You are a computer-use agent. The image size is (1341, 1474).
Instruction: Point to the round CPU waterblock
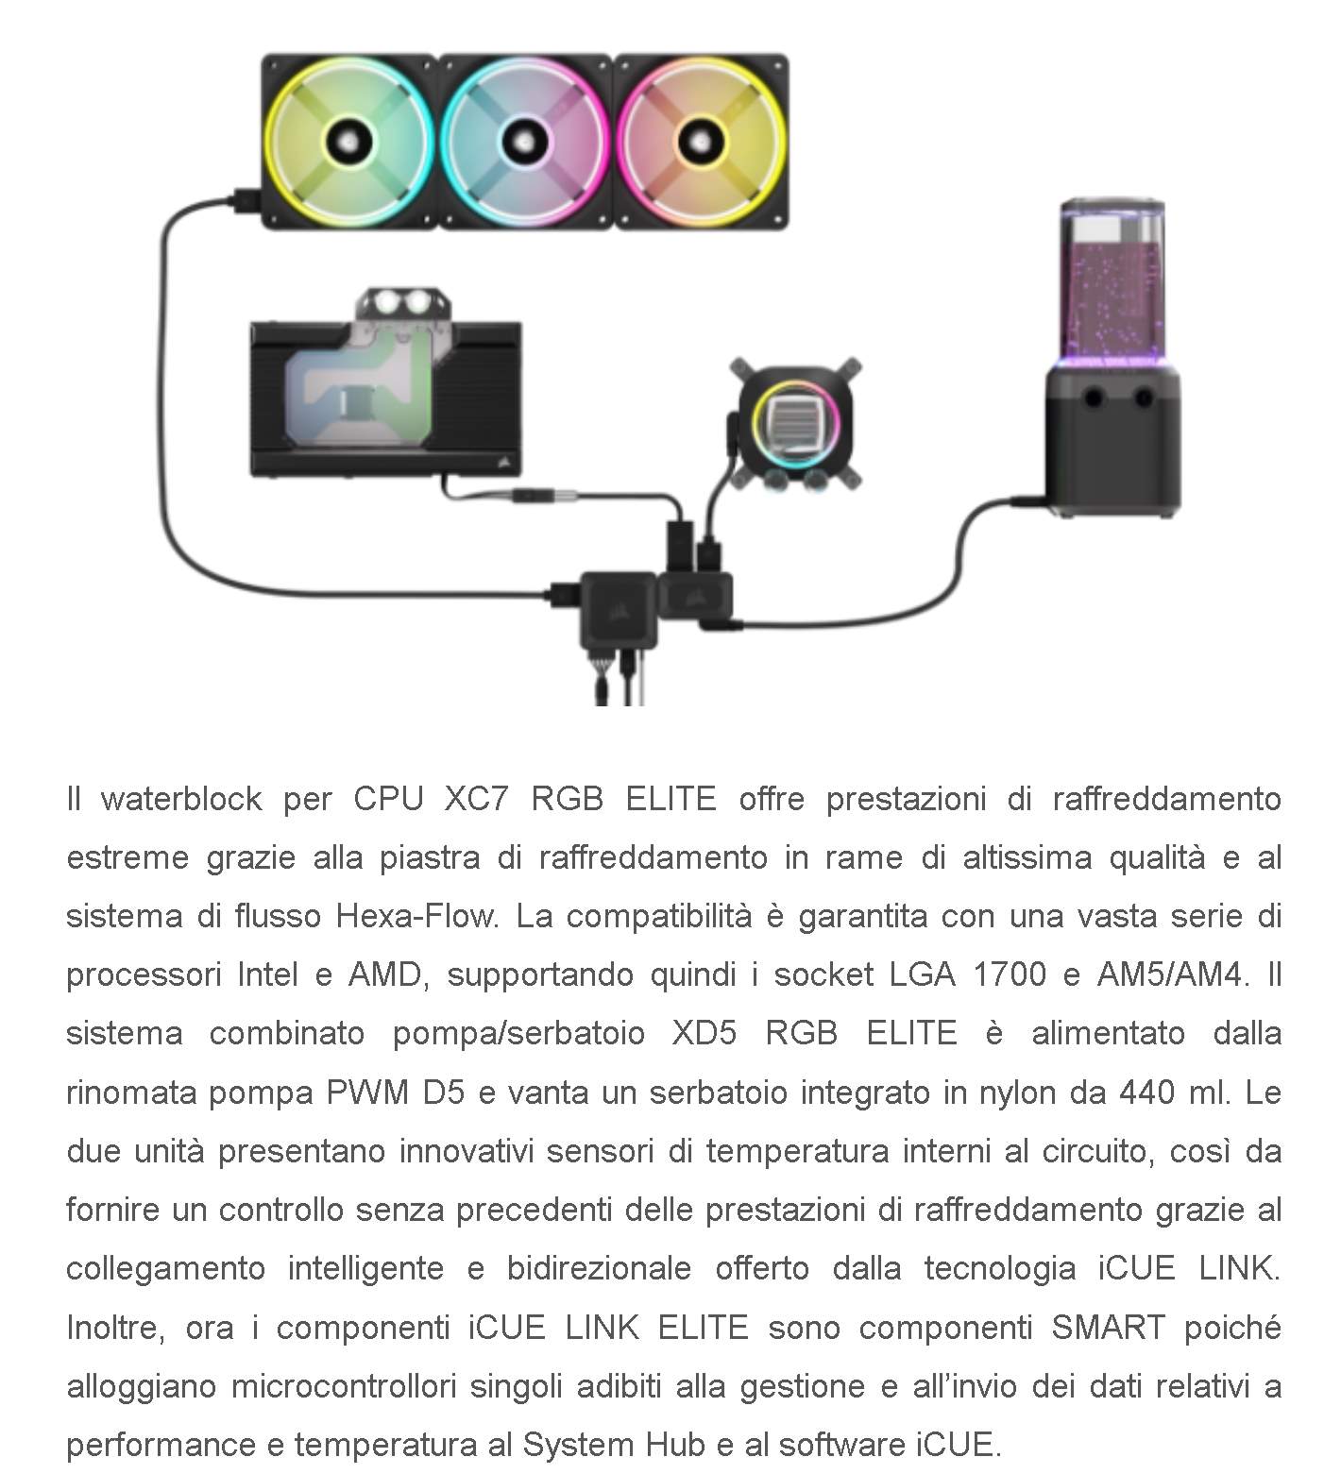(x=794, y=421)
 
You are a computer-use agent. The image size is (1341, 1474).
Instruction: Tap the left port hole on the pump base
(x=1094, y=398)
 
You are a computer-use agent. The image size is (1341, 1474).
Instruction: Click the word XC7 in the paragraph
(x=476, y=799)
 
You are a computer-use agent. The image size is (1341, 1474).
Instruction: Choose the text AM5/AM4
(x=1172, y=974)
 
